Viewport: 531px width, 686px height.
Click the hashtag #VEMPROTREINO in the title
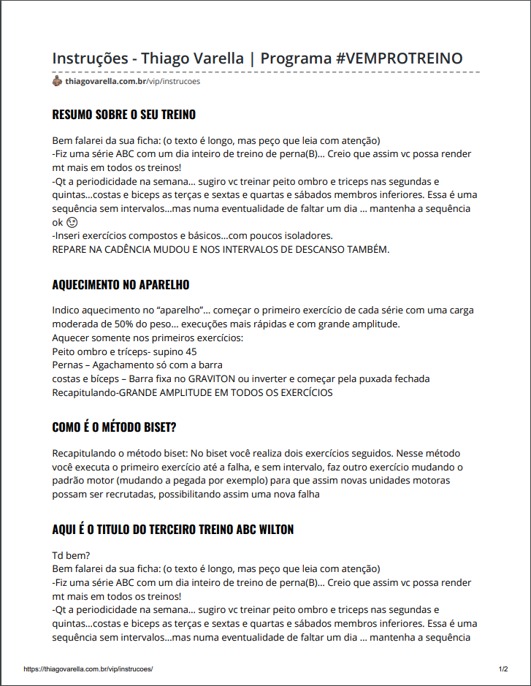point(400,58)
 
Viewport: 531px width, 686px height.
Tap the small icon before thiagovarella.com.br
point(57,81)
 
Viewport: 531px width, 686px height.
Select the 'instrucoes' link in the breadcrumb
point(181,81)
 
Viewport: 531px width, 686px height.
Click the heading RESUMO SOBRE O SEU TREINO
point(123,115)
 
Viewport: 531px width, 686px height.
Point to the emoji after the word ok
point(71,221)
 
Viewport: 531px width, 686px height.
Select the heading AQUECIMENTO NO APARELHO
point(121,285)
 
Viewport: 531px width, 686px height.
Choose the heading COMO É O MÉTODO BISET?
point(114,427)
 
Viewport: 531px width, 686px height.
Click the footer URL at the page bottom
point(88,668)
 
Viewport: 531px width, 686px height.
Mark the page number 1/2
point(503,668)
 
